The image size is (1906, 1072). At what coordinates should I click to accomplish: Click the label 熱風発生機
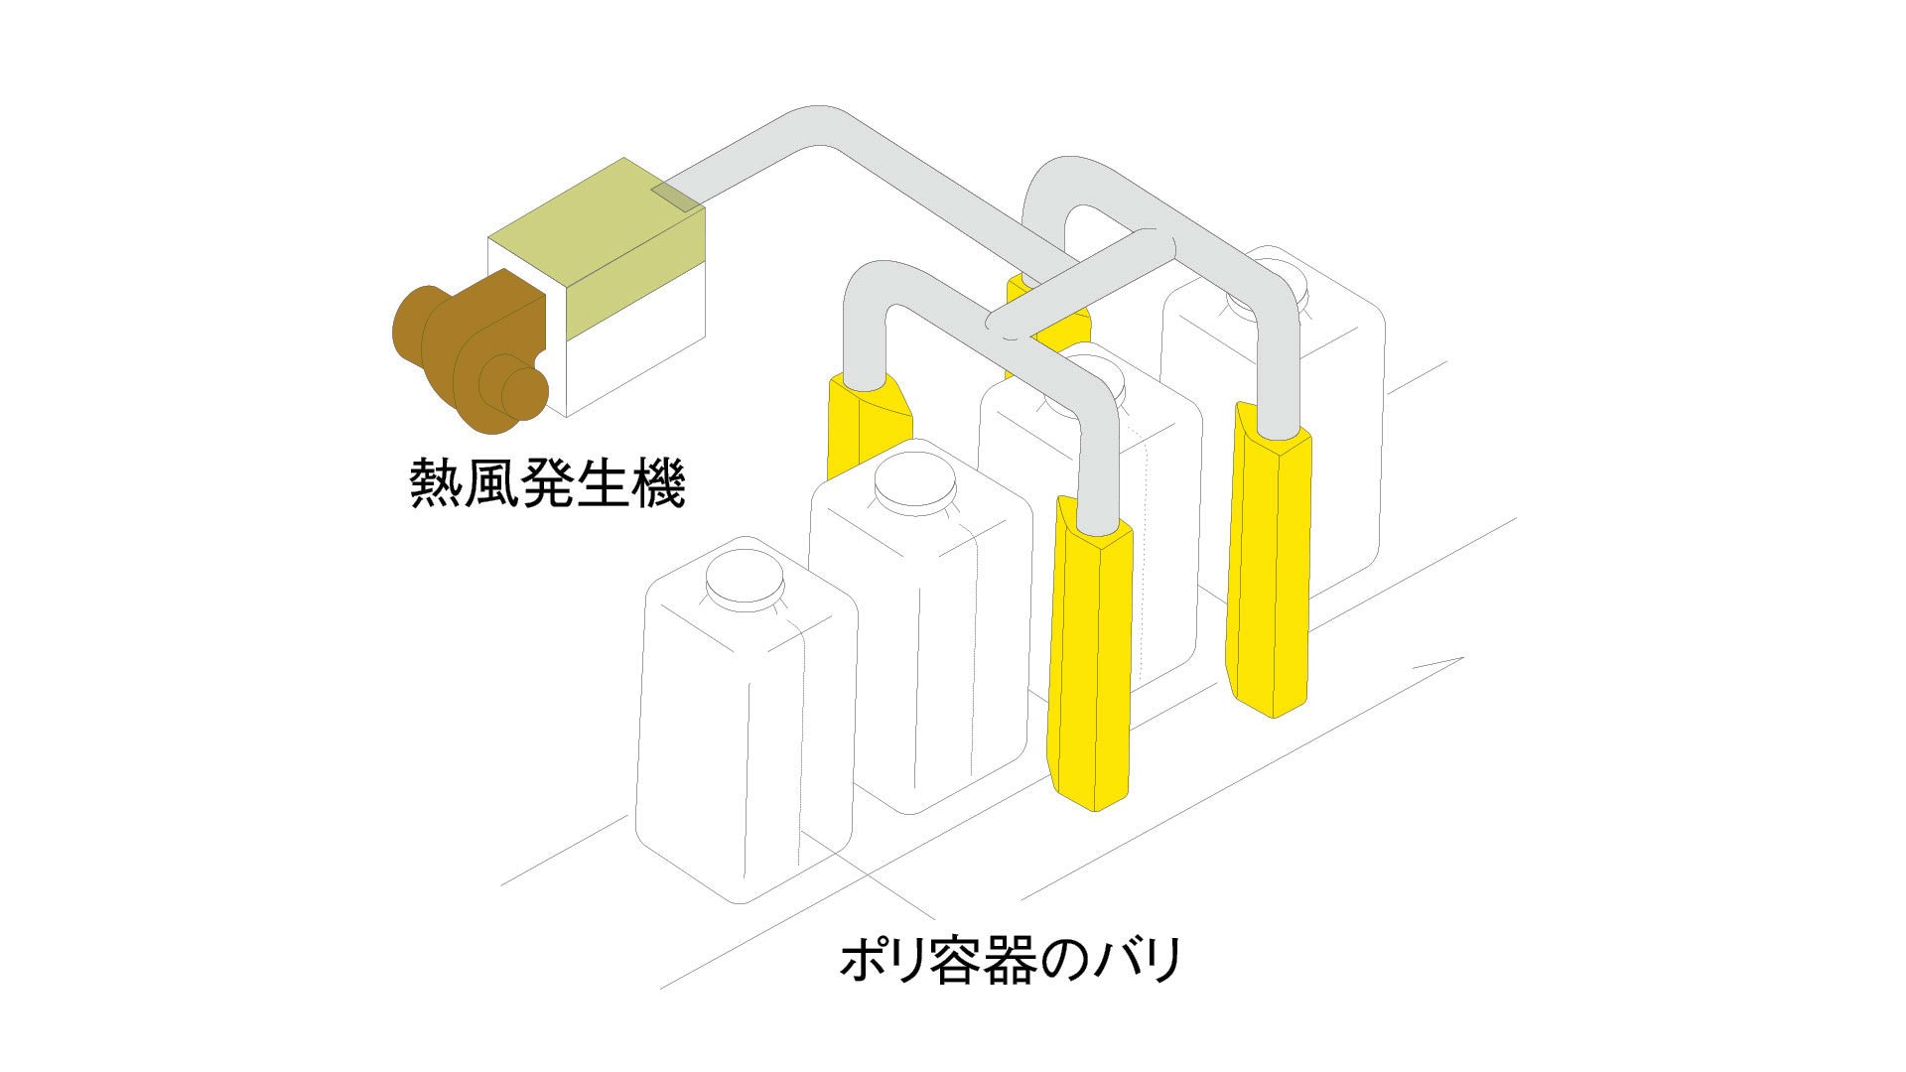pyautogui.click(x=547, y=483)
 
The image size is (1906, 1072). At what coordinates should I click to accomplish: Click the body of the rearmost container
pyautogui.click(x=1340, y=447)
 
